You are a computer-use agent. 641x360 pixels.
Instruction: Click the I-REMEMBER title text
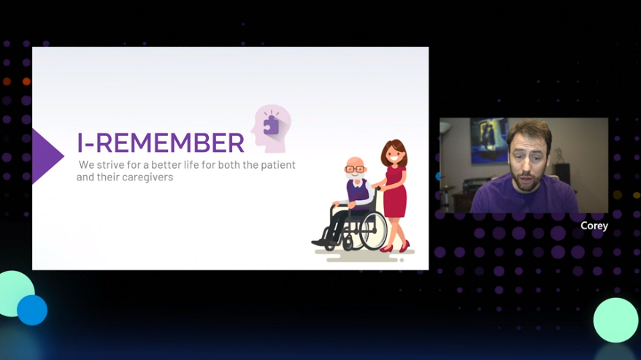[x=161, y=142]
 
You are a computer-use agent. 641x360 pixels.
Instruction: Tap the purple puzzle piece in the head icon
[x=271, y=125]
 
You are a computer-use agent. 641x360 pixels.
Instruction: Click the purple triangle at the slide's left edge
[x=47, y=156]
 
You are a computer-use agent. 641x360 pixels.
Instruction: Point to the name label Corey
[x=594, y=226]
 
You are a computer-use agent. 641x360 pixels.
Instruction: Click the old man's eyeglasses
[x=355, y=169]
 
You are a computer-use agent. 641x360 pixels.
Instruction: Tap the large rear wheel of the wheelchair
[x=372, y=231]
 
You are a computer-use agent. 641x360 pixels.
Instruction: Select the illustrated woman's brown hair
[x=394, y=151]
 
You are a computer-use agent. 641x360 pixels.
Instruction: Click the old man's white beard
[x=354, y=176]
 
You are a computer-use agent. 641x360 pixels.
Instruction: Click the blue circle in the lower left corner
[x=32, y=310]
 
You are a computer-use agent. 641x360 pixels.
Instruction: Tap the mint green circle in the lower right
[x=615, y=320]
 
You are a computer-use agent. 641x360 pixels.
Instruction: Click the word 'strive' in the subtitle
[x=110, y=165]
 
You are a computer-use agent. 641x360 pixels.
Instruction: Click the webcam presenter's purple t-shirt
[x=524, y=196]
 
